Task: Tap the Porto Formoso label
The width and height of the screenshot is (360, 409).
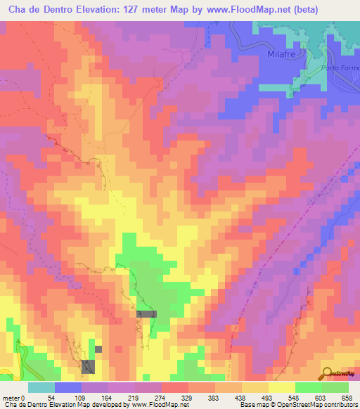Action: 345,67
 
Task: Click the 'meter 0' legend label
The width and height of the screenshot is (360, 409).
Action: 14,397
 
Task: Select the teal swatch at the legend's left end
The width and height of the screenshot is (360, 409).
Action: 41,387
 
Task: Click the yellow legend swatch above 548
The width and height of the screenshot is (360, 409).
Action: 282,387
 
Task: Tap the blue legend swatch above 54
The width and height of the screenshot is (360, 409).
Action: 68,387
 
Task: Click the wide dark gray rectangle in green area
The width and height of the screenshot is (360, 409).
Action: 147,314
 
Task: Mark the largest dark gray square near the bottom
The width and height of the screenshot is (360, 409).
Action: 88,366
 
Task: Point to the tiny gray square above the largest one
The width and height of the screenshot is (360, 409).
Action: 98,349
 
